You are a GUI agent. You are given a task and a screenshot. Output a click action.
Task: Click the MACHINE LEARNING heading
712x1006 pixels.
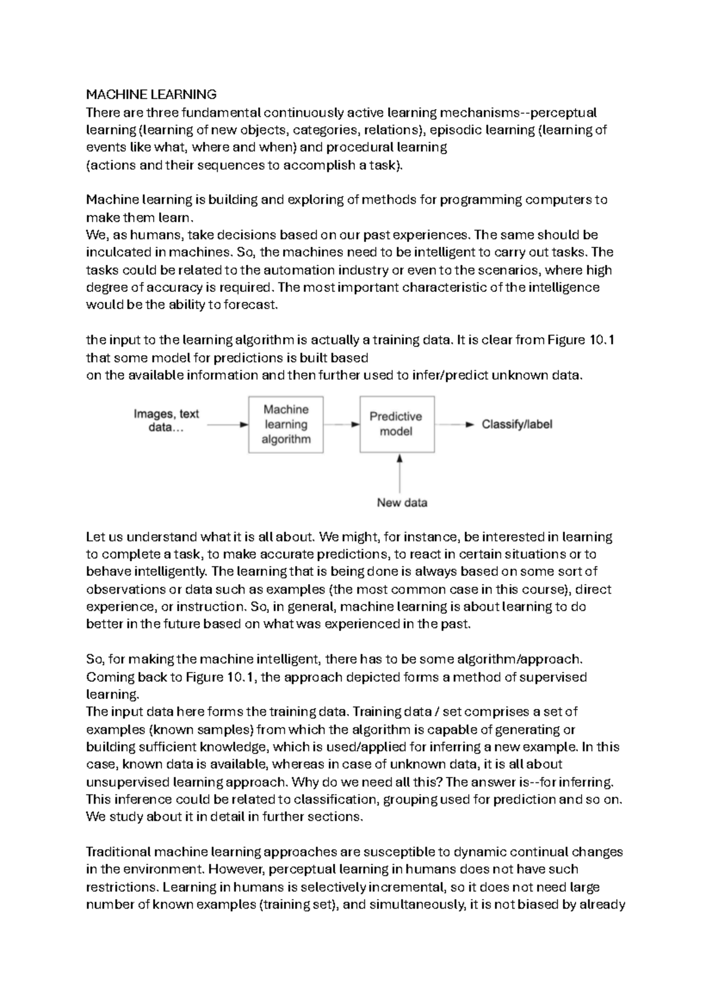tap(151, 94)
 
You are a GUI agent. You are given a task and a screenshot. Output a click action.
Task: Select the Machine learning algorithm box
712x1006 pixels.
tap(286, 425)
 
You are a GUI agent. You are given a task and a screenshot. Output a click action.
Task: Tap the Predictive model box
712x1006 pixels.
tap(396, 425)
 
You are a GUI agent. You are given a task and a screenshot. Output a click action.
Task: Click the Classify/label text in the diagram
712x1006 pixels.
tap(517, 425)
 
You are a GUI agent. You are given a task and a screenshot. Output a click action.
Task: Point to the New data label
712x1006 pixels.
tap(402, 503)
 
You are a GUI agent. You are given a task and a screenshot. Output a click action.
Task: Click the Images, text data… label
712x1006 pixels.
tap(166, 421)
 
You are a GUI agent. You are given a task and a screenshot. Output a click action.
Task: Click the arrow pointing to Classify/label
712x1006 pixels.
tap(454, 425)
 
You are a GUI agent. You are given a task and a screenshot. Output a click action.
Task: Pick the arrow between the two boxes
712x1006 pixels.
tap(342, 425)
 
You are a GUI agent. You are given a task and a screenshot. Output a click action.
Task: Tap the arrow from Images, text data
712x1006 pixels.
tap(227, 425)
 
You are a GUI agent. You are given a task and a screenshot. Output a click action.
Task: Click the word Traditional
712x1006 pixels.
tap(118, 852)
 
